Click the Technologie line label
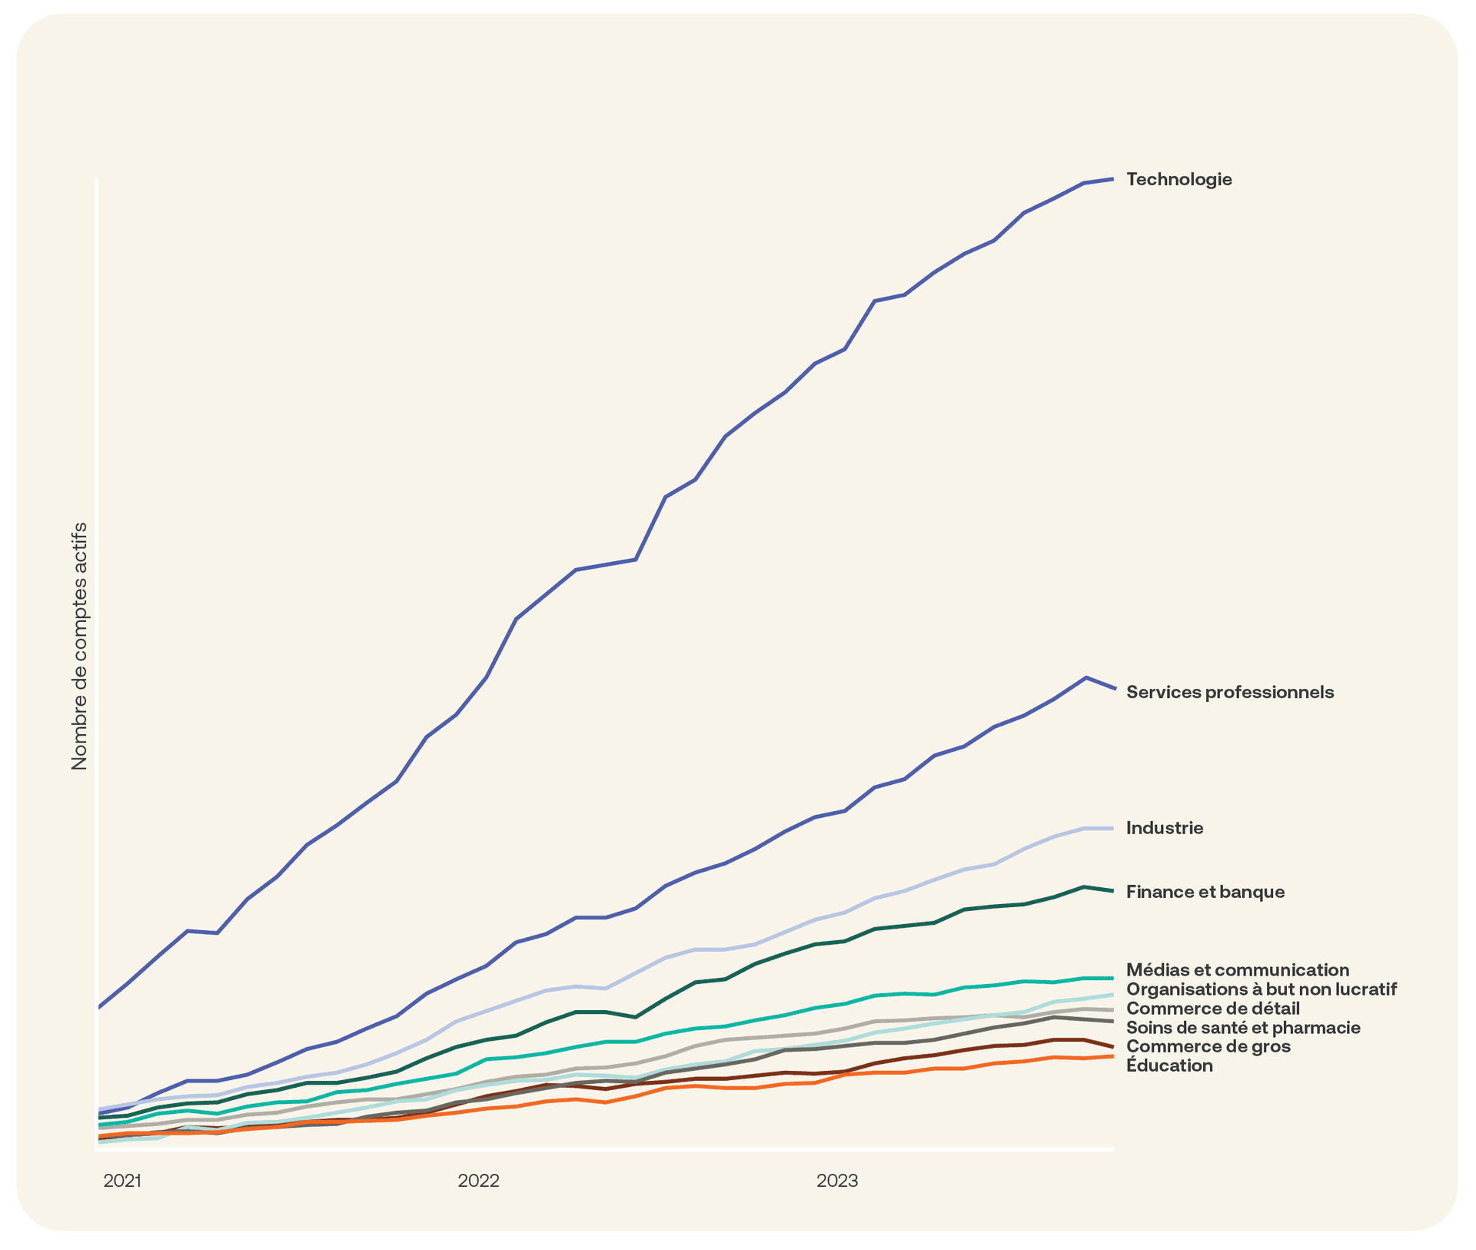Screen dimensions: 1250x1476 pos(1178,180)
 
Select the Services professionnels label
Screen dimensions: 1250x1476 pos(1229,692)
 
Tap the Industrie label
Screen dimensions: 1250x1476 pos(1164,828)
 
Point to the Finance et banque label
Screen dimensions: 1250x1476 pos(1205,892)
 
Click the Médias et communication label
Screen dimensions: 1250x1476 pos(1237,970)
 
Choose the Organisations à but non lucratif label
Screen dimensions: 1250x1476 pos(1261,989)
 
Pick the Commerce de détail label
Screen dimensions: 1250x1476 pos(1212,1009)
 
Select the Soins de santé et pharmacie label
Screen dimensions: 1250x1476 pos(1242,1028)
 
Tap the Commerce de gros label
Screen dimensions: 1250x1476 pos(1208,1046)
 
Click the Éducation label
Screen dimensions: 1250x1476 pos(1169,1065)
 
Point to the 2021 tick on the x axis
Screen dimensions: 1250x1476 pos(122,1181)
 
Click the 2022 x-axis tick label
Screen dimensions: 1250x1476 pos(478,1181)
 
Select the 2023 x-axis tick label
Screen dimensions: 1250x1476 pos(837,1181)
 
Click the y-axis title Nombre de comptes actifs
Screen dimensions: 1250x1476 pos(79,646)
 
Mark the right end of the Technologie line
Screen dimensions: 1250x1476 pos(1112,179)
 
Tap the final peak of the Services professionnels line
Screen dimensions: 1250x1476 pos(1085,678)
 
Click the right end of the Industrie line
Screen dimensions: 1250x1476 pos(1112,828)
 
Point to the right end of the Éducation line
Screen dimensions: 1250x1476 pos(1112,1056)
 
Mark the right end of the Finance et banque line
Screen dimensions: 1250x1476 pos(1112,891)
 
